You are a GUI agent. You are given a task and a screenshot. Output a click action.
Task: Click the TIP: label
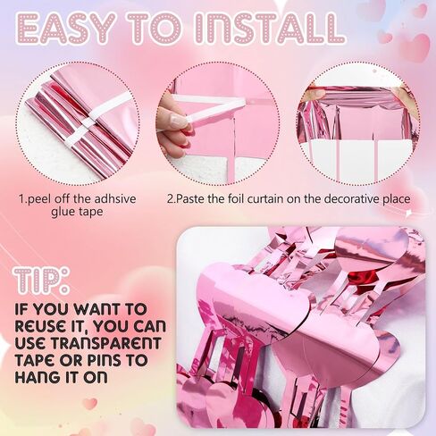(43, 280)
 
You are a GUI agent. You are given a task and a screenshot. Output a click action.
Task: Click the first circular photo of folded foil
(77, 122)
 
